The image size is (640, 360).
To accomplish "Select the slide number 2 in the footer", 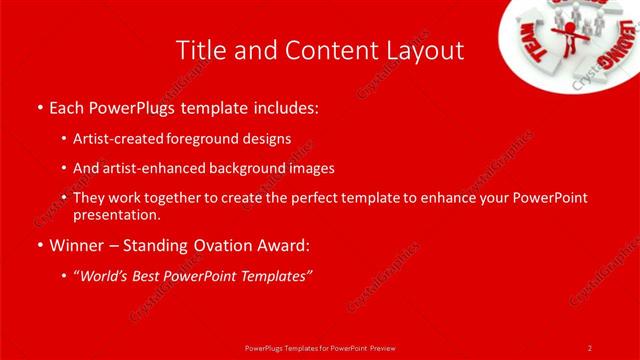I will point(589,347).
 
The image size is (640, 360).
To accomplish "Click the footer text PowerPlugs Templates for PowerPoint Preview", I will point(319,347).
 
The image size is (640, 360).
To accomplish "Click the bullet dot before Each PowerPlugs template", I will point(39,107).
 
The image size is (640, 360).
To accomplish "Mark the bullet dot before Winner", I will point(39,245).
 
